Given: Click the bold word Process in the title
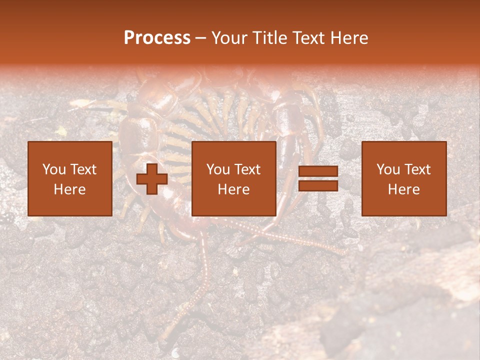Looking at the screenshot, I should pos(157,38).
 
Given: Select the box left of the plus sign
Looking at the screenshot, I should pos(69,178).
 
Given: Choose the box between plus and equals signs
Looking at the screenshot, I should pos(233,178).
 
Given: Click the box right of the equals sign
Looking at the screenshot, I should pos(403,178).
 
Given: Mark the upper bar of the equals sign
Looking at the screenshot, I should pos(318,172).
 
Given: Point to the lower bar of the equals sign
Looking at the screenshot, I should pos(318,185).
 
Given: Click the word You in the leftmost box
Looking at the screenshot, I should pos(53,169).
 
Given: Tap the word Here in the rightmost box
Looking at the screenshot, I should pos(403,189).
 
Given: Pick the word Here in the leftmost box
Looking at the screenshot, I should pos(69,189).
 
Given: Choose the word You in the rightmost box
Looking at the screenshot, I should pos(387,169).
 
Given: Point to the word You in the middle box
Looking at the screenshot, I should pos(217,169).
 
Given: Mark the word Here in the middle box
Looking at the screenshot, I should pos(233,189).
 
